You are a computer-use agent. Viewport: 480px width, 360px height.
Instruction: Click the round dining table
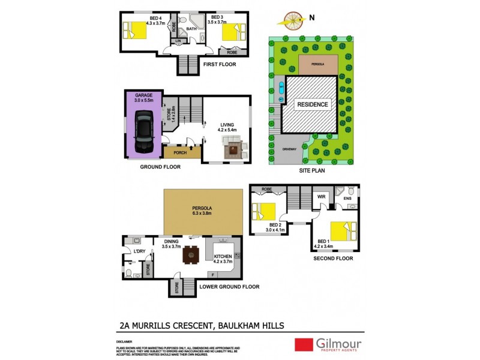(191, 254)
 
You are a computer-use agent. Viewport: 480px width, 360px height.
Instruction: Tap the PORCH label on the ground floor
(180, 152)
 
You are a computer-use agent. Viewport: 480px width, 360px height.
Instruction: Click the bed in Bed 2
(265, 212)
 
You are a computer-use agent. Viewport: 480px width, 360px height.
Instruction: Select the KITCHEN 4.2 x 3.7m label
(223, 258)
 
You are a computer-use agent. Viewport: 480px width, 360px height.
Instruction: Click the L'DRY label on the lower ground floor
(140, 251)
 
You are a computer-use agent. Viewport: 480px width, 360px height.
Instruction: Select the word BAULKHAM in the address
(245, 326)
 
